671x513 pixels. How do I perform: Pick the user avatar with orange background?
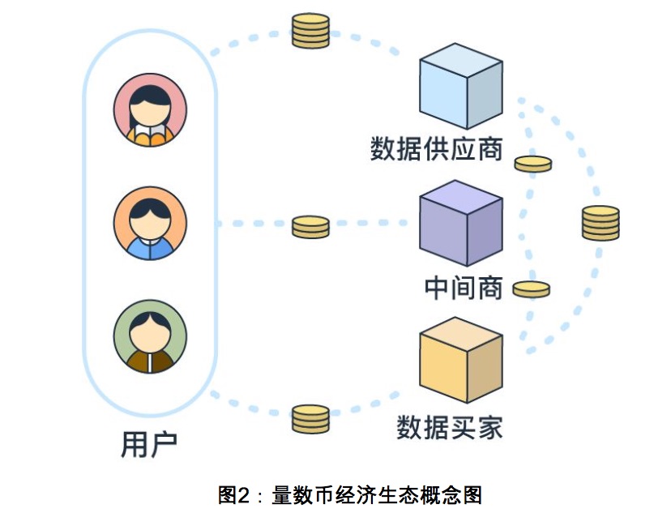(x=151, y=224)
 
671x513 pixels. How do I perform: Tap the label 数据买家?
(x=449, y=427)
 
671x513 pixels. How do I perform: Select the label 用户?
(x=149, y=445)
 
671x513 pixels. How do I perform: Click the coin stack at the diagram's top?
(x=311, y=30)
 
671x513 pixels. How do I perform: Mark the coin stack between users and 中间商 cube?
(x=310, y=227)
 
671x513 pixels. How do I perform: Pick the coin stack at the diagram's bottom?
(x=310, y=418)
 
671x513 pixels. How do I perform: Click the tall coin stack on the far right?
(x=600, y=223)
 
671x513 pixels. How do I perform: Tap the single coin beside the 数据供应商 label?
(x=533, y=165)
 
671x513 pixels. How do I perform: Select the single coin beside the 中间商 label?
(x=532, y=289)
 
